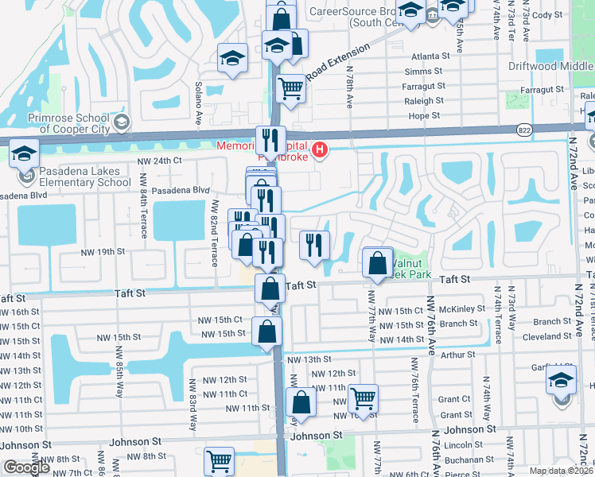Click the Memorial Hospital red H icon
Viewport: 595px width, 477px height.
click(x=320, y=149)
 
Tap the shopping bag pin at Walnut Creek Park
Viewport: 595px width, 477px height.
click(x=378, y=262)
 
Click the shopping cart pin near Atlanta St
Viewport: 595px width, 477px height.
click(x=291, y=89)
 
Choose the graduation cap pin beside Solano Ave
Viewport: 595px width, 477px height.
click(x=232, y=58)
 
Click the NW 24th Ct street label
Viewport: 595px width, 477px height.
click(x=159, y=161)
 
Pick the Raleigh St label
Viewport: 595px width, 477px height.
click(x=424, y=101)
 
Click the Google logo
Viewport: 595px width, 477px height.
click(x=27, y=467)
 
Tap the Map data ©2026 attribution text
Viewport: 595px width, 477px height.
click(x=560, y=471)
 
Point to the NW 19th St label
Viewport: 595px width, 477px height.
click(x=103, y=251)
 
